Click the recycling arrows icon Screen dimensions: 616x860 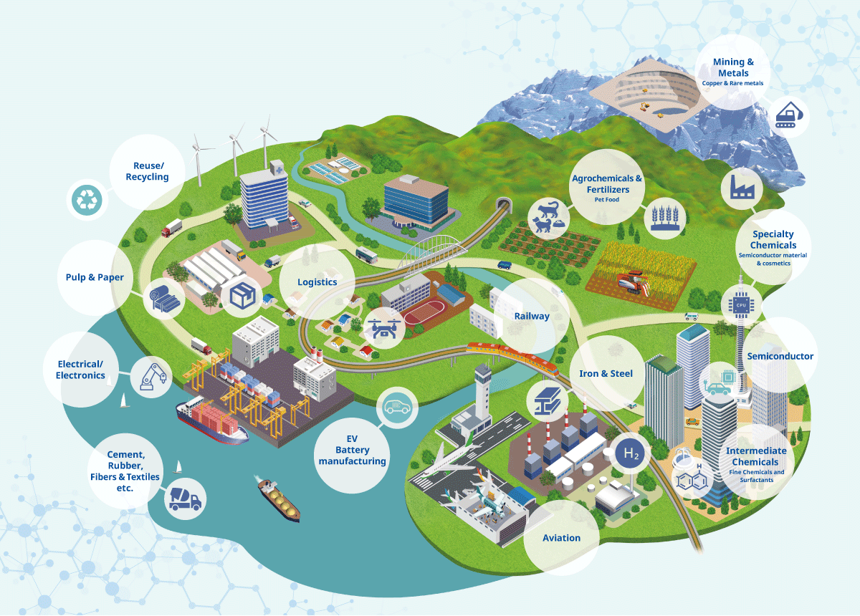(88, 201)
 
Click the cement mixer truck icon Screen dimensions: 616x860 (186, 499)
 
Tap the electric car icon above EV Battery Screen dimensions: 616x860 (398, 408)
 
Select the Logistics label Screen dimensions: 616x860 (317, 281)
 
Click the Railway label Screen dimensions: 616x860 (532, 316)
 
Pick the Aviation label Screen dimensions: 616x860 (561, 538)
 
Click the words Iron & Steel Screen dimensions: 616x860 (606, 373)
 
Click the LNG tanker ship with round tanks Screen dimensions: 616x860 (278, 500)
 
